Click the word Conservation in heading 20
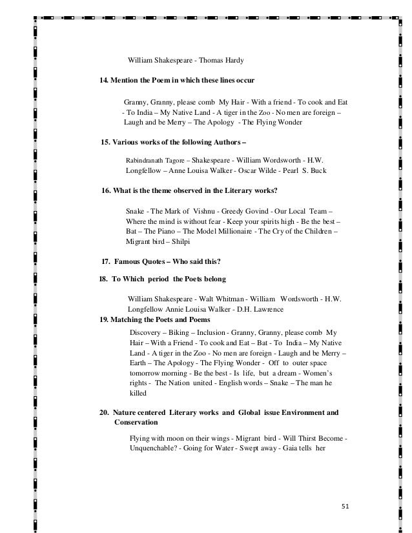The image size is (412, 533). click(136, 422)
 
